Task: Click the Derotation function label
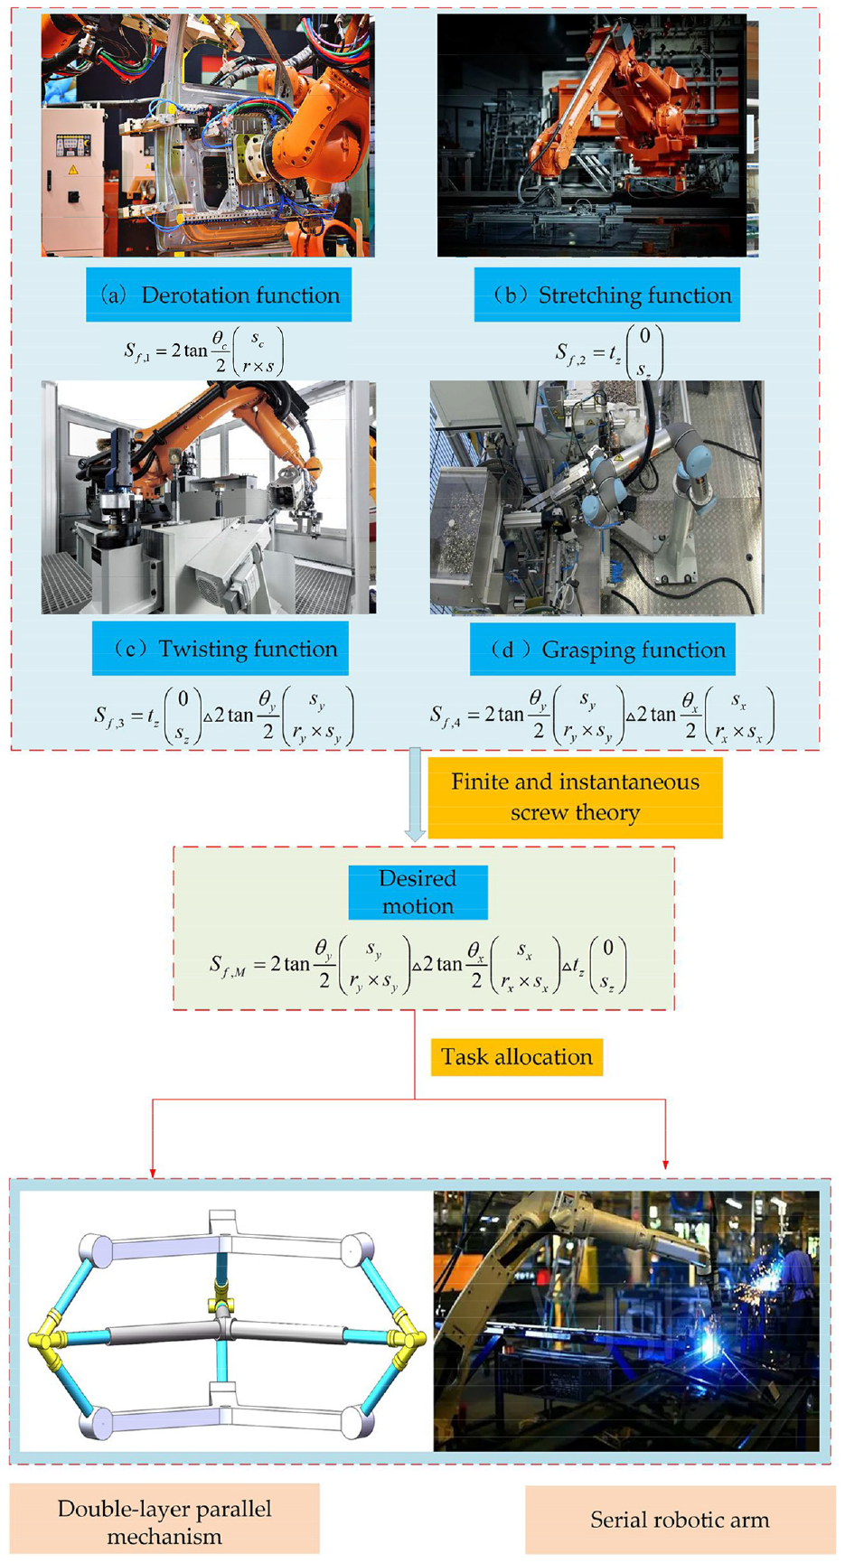pyautogui.click(x=219, y=295)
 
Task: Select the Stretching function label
pyautogui.click(x=606, y=295)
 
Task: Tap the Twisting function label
pyautogui.click(x=220, y=649)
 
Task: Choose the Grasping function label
pyautogui.click(x=602, y=650)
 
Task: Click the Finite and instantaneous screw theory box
pyautogui.click(x=575, y=797)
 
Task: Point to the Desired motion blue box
pyautogui.click(x=418, y=892)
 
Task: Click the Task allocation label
pyautogui.click(x=516, y=1057)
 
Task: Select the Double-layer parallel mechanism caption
pyautogui.click(x=164, y=1522)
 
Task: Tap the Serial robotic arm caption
pyautogui.click(x=680, y=1520)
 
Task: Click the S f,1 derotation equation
pyautogui.click(x=203, y=351)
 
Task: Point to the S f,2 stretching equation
pyautogui.click(x=609, y=352)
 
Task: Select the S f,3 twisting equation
pyautogui.click(x=224, y=716)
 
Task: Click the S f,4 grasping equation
pyautogui.click(x=602, y=716)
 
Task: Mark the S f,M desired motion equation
pyautogui.click(x=418, y=966)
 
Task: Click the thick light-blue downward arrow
pyautogui.click(x=415, y=794)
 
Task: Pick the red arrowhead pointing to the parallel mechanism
pyautogui.click(x=153, y=1172)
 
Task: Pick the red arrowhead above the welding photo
pyautogui.click(x=666, y=1164)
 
